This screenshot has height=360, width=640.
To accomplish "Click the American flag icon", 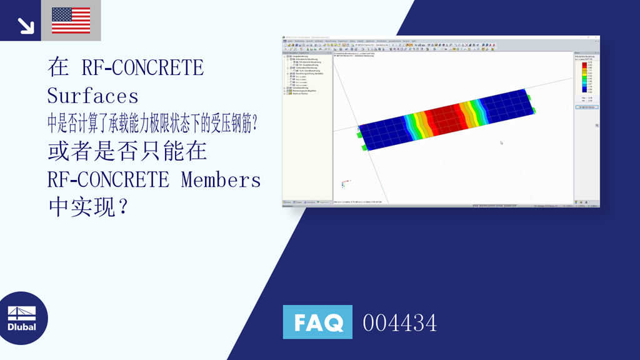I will point(71,21).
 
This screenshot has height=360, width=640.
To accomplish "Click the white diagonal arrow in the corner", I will point(25,25).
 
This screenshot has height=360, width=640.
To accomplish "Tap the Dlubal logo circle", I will point(22,318).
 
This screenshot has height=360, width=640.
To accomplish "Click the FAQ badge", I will point(317,322).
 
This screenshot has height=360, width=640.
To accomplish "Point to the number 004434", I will point(399,323).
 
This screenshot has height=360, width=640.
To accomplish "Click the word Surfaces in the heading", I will point(92,96).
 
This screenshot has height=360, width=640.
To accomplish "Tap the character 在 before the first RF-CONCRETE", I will point(58,67).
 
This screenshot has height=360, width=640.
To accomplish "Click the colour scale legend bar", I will point(583,76).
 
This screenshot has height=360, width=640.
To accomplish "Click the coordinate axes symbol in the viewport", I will point(343,184).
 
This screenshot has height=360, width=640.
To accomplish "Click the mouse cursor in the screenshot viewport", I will point(501,143).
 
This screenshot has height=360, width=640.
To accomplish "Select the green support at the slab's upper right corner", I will point(529,97).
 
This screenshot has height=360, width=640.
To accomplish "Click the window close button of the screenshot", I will point(597,38).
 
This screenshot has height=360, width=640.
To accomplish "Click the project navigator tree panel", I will point(307,125).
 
